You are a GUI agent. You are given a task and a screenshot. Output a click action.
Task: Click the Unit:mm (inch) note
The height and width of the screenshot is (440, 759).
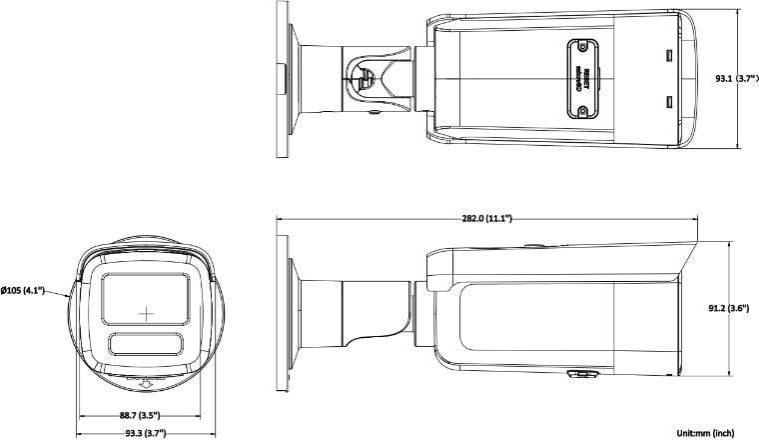(x=705, y=432)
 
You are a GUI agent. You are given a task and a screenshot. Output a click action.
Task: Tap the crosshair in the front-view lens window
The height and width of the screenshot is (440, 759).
(x=146, y=312)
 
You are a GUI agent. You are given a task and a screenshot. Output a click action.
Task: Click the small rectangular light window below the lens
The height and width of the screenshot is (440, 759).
(x=146, y=344)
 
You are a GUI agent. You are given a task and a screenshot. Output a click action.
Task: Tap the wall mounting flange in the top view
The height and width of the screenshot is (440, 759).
(x=283, y=77)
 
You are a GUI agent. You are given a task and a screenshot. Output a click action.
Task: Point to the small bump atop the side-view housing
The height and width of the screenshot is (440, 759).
(x=532, y=243)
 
